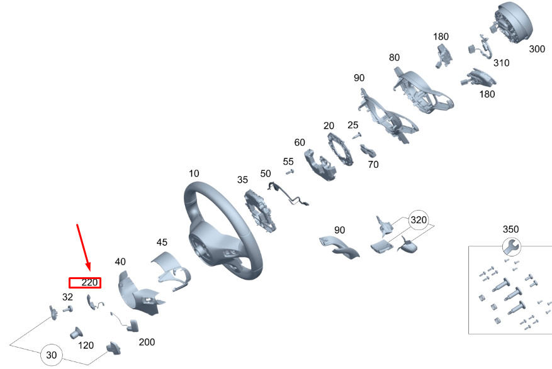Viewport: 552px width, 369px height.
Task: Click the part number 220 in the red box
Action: [90, 282]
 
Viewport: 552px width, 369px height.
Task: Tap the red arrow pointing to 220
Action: [84, 248]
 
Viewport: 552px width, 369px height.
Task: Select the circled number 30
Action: [52, 355]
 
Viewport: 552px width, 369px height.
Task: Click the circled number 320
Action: [419, 220]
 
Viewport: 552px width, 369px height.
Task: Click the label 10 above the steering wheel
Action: [194, 173]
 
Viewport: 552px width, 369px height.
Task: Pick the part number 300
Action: [537, 49]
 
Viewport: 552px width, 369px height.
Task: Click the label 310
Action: [501, 63]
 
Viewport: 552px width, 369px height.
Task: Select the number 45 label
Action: [162, 242]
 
